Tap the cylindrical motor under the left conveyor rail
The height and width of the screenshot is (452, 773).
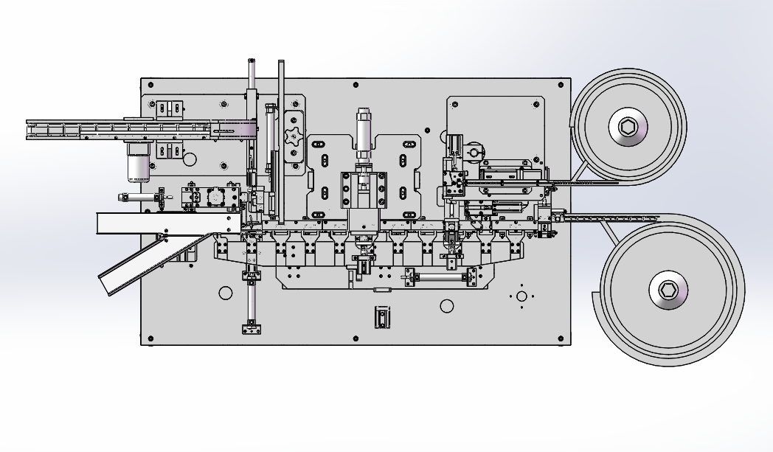tap(139, 163)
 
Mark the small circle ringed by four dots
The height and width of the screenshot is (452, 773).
tap(521, 296)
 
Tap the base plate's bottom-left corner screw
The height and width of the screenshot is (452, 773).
tap(150, 339)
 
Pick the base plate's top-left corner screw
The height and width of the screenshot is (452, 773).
tap(150, 84)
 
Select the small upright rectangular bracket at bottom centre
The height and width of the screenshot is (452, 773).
tap(381, 317)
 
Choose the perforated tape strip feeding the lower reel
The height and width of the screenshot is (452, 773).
tap(612, 218)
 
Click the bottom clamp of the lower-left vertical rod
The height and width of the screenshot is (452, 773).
tap(252, 327)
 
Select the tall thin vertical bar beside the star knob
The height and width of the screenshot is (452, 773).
tap(281, 140)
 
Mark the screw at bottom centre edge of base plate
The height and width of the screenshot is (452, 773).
tap(356, 339)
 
